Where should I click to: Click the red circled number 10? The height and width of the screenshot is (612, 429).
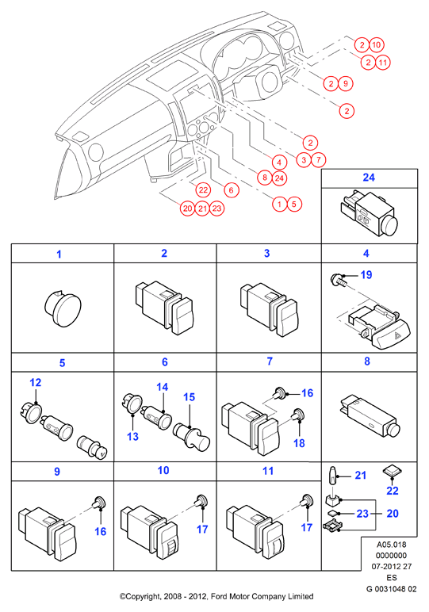tap(376, 45)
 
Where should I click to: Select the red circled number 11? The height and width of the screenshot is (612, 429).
tap(383, 63)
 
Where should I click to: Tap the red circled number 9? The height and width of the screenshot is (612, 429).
tap(346, 83)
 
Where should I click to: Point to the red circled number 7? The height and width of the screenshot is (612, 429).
tap(318, 159)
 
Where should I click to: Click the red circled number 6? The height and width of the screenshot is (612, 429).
tap(231, 190)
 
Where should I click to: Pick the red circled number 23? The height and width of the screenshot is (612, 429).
tap(216, 208)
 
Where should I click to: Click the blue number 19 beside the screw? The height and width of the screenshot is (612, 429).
tap(366, 275)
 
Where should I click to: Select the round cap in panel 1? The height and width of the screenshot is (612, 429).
tap(63, 308)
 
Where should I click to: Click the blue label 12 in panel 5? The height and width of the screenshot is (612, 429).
tap(35, 382)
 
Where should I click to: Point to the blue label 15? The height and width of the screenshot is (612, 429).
tap(189, 397)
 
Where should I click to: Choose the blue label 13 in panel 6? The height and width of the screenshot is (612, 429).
tap(132, 436)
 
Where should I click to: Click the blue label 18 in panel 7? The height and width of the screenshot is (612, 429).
tap(299, 443)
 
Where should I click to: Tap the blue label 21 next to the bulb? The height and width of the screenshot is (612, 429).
tap(360, 476)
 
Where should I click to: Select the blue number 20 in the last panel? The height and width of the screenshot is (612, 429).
tap(393, 513)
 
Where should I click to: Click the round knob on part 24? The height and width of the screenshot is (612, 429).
tap(388, 226)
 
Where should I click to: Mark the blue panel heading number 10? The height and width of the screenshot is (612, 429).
tap(163, 470)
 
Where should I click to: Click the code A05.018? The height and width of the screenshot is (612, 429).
tap(391, 545)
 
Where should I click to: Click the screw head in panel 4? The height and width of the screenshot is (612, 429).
tap(335, 280)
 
